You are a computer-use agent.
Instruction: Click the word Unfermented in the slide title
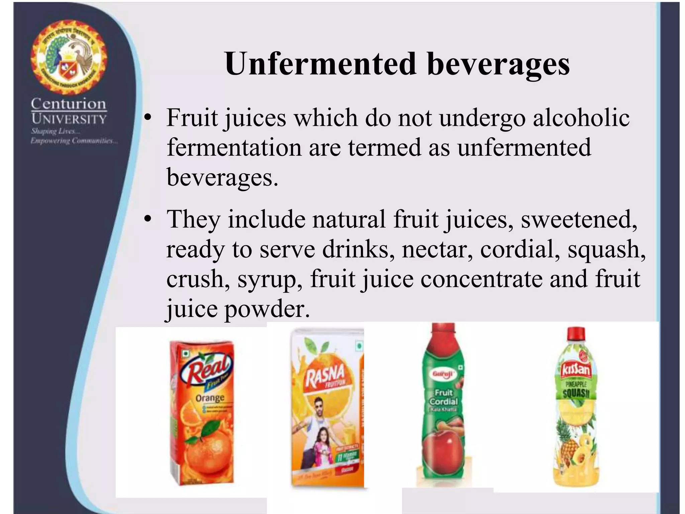tap(320, 64)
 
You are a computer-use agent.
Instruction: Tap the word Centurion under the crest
tap(69, 104)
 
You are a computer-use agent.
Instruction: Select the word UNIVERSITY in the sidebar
tap(69, 119)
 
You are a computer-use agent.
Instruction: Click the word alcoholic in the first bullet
tap(581, 118)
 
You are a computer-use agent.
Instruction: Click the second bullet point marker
tap(148, 220)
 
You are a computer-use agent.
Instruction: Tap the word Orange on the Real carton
tap(210, 398)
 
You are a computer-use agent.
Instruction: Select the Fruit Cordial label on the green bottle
tap(444, 397)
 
